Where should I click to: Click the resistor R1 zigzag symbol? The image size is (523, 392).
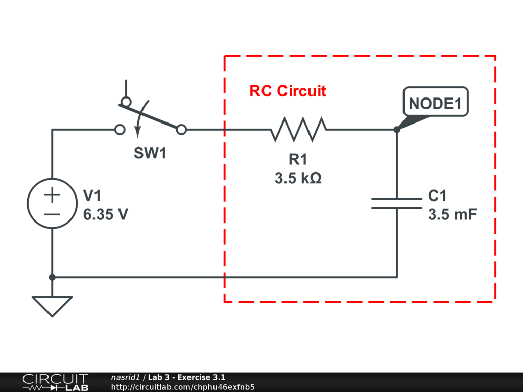298,130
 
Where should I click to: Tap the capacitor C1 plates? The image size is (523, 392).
397,203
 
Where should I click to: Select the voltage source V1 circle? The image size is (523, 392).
52,203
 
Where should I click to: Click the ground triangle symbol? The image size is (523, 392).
52,306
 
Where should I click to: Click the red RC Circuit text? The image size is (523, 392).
288,91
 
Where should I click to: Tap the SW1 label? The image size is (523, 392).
150,153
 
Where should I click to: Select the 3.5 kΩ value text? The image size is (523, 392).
298,179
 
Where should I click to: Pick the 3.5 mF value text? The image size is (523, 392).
452,214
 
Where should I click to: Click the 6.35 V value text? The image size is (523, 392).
105,214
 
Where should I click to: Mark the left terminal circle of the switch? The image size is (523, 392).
120,130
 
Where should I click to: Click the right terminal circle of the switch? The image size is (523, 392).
181,130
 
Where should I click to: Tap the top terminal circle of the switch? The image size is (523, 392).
126,101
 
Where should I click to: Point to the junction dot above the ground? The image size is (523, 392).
52,277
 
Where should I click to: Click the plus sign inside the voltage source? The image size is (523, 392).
52,194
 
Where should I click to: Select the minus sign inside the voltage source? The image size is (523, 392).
52,214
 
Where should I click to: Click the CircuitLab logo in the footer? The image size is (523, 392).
55,382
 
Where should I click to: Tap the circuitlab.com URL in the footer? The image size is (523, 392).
182,387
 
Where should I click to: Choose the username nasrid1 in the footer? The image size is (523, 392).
125,377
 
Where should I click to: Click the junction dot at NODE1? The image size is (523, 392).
397,130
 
